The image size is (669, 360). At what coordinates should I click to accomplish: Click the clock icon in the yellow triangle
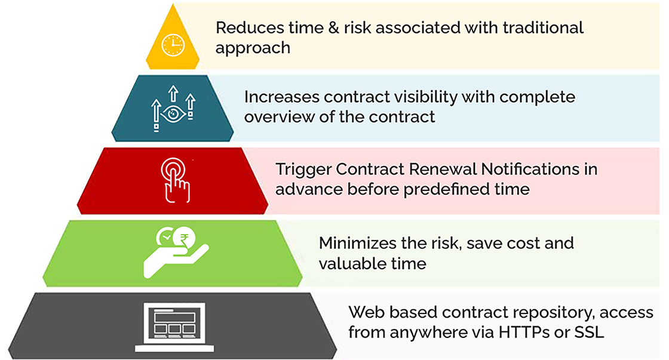coord(173,45)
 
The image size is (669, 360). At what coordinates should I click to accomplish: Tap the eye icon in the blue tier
coord(173,114)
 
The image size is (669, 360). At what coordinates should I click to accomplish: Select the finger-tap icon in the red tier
coord(176,180)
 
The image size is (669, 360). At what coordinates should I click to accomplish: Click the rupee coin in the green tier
coord(185,238)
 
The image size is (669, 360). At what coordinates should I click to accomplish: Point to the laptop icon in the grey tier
coord(174,327)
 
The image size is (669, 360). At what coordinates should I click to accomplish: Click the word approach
coord(253,48)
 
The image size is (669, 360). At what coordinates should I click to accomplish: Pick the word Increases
coord(281,97)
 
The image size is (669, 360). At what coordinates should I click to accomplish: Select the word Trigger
coord(303,170)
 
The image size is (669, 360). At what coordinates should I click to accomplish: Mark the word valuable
coord(351,264)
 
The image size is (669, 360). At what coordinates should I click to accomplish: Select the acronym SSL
coord(589,333)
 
